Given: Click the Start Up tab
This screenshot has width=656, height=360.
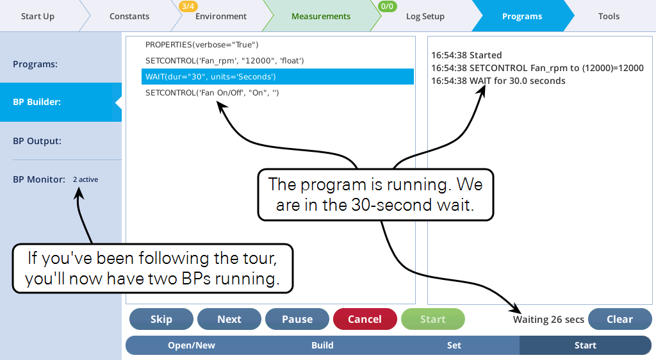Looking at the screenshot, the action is (x=38, y=16).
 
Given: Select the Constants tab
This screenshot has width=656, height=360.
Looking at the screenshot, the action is (x=129, y=16).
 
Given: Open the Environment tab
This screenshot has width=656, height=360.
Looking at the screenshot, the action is (x=221, y=16).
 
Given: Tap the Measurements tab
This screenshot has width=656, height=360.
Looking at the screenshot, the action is (x=321, y=16).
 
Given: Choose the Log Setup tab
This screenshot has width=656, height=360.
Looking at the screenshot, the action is (x=425, y=16).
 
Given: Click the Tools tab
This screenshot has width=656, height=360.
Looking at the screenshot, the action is (x=609, y=16).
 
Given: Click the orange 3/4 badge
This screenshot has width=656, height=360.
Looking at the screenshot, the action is (x=188, y=6).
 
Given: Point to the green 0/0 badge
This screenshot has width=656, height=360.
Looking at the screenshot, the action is (x=387, y=6).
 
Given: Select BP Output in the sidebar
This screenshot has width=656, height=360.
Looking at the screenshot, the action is (x=37, y=141).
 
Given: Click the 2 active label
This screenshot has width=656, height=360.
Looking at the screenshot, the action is (x=85, y=179).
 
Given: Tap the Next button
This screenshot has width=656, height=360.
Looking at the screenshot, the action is (x=229, y=319).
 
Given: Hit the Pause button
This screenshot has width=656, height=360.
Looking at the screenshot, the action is (x=297, y=319).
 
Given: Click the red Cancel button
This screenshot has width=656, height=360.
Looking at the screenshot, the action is (x=365, y=319).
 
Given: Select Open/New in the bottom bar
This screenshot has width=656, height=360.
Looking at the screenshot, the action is (x=191, y=345).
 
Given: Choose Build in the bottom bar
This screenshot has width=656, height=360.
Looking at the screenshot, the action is (x=322, y=345).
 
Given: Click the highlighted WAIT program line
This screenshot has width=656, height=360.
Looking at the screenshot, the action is (x=277, y=76).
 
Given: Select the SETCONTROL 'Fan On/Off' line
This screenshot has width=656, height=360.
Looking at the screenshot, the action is (x=212, y=93).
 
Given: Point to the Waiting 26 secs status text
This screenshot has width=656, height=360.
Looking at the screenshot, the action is (x=548, y=320).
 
